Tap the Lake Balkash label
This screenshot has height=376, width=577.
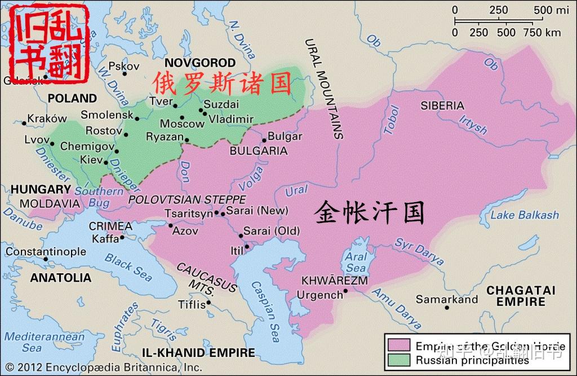524,215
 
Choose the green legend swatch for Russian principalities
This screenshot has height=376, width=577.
399,360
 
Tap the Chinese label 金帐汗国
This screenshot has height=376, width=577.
369,213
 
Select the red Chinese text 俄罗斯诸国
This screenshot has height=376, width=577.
221,84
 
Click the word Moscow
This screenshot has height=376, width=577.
181,124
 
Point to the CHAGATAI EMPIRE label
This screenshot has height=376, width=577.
521,296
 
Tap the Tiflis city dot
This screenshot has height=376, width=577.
208,302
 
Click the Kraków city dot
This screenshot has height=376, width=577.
24,123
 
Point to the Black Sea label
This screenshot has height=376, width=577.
128,267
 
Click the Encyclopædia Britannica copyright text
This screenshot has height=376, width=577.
104,367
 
